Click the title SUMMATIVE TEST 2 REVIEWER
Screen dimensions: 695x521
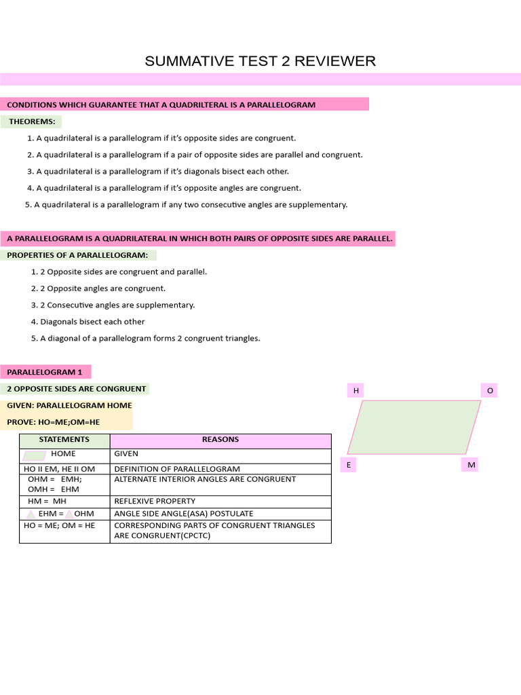[260, 62]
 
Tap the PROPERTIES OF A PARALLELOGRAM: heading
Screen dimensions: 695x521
[77, 255]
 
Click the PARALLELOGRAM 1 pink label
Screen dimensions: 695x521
[45, 372]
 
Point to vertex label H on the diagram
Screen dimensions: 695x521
[355, 390]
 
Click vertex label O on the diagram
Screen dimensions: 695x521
[490, 390]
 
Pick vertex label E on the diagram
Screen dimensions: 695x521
[349, 465]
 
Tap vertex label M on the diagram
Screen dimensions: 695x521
[471, 465]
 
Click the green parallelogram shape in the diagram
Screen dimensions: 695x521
[414, 427]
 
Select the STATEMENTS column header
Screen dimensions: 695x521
[64, 440]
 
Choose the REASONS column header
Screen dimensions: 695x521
[220, 440]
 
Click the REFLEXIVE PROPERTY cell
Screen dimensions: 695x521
[155, 502]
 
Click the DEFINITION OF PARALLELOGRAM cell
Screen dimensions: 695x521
[177, 469]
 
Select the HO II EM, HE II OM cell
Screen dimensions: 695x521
[59, 469]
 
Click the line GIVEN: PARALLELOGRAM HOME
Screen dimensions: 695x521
[69, 405]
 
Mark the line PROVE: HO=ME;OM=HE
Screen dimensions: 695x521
[53, 422]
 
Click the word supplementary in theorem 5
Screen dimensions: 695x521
[319, 204]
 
